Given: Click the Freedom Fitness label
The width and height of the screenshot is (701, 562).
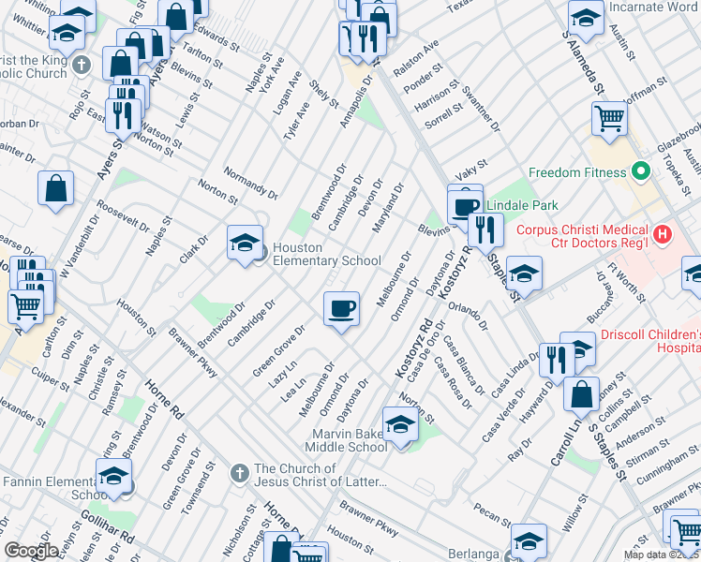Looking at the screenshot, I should click(576, 172).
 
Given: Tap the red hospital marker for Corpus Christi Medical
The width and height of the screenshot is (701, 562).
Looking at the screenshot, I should click(662, 234).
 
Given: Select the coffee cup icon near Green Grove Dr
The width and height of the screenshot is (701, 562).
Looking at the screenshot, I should click(341, 306).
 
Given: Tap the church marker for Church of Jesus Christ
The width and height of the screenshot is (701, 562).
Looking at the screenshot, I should click(239, 469).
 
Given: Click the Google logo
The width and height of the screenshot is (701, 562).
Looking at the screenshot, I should click(31, 551).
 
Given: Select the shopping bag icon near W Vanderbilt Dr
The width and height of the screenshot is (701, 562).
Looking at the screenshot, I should click(56, 187).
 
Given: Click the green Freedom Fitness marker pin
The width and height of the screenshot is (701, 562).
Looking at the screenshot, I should click(641, 172).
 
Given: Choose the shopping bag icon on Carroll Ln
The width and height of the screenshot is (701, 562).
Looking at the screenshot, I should click(581, 393).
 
